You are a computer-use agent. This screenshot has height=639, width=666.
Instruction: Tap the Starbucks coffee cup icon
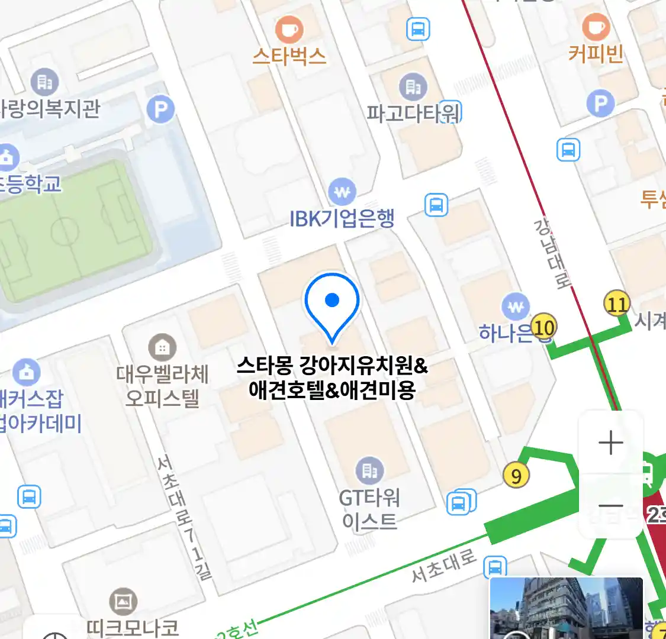coord(289,29)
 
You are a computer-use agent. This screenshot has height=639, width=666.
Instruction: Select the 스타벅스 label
coord(289,56)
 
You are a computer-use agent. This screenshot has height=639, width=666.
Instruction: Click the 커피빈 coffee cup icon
coord(596,27)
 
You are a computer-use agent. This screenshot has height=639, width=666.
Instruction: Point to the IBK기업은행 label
coord(342,219)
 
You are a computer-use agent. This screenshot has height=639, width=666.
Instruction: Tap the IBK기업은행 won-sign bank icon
coord(342,192)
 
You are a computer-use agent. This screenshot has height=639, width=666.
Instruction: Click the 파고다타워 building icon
coord(413,87)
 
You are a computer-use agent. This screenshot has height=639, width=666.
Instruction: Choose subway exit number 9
coord(516,476)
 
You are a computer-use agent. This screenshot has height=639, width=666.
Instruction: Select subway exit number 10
coord(543,327)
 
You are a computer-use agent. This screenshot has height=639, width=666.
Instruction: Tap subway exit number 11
coord(617,305)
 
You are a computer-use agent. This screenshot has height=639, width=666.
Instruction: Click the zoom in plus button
coord(610,443)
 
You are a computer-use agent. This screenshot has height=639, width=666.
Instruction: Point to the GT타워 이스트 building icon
coord(369,470)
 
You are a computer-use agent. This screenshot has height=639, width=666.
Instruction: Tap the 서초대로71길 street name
coord(185,517)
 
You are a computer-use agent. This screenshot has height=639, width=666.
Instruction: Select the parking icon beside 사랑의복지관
coord(160,109)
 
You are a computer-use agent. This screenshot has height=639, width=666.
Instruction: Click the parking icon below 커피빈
coord(600,104)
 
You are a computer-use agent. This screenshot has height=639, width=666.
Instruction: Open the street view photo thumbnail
coord(566,608)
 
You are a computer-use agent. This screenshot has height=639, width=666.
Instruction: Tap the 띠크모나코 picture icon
coord(123,602)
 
